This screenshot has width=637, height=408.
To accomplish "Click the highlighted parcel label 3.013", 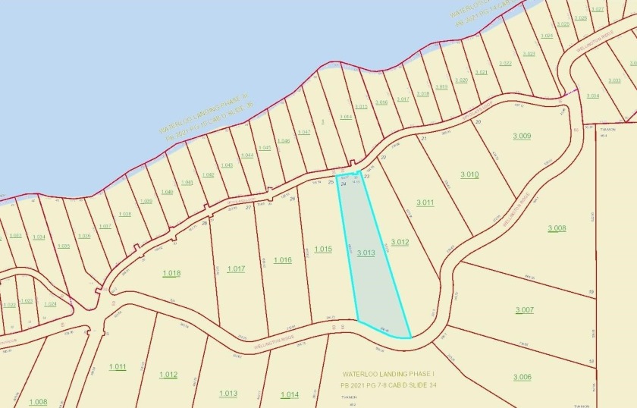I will (366, 253).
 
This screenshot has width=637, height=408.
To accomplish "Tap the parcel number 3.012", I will (400, 242).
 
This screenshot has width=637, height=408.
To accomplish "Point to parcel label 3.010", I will (468, 174).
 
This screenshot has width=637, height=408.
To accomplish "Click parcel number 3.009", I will (522, 136).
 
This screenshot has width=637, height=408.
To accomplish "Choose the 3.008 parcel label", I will (557, 228).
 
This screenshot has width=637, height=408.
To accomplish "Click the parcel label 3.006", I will (522, 377).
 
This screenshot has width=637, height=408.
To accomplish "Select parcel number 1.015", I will (323, 249).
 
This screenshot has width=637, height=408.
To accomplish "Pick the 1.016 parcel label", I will (282, 260).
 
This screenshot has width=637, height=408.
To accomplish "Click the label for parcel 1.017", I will (235, 268).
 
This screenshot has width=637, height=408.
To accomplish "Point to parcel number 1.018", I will (171, 272).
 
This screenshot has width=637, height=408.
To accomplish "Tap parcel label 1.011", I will (117, 367).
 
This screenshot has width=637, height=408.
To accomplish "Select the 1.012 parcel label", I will (168, 375).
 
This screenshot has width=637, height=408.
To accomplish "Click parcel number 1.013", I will (227, 393).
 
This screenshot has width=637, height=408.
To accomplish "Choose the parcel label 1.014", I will (289, 394).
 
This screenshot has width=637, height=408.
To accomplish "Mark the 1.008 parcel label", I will (38, 401).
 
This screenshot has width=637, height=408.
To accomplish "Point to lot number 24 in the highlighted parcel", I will (344, 184).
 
